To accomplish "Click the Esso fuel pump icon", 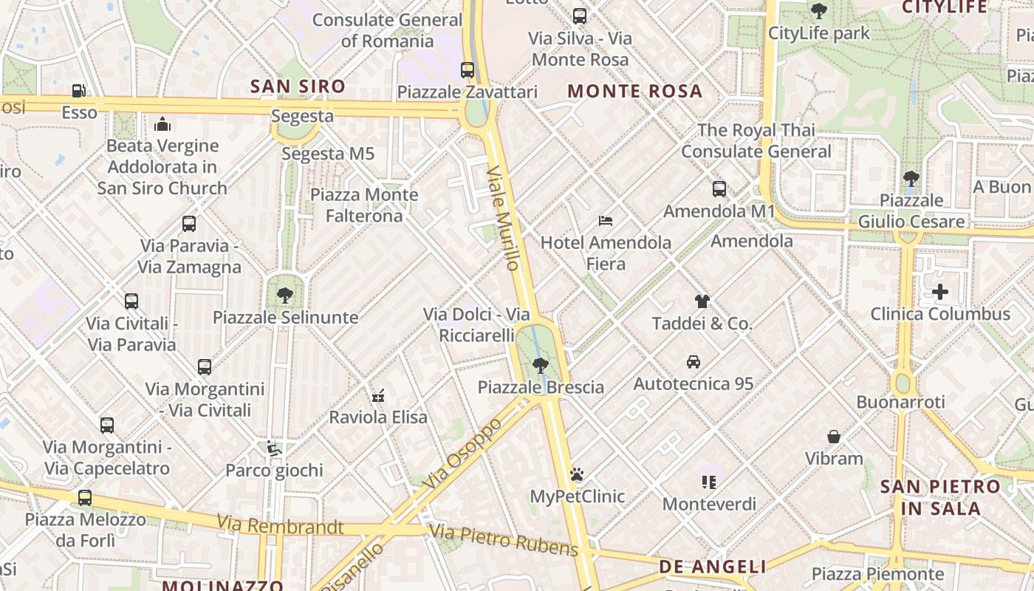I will click(78, 91).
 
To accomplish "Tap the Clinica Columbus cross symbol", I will click(940, 292).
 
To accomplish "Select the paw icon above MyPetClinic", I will click(577, 474).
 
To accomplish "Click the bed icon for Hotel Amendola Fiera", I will click(606, 220).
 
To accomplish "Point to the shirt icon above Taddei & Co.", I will click(702, 301).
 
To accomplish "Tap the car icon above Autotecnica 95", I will click(694, 362).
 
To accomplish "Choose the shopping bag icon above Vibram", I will click(834, 437).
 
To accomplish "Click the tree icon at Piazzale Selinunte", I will click(285, 295).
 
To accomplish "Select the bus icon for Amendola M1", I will click(719, 189).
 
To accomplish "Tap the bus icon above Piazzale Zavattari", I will click(468, 70).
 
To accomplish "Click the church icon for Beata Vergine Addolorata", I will click(162, 123).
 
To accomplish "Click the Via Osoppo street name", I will click(464, 452).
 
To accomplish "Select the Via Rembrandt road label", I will click(280, 526).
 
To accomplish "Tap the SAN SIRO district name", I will click(298, 86).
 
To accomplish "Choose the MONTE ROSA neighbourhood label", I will click(634, 92).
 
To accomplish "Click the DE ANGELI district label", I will click(712, 567).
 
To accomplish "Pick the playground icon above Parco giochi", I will click(274, 448).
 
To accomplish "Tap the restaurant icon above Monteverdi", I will click(709, 482).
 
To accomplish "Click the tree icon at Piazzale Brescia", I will click(541, 365).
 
